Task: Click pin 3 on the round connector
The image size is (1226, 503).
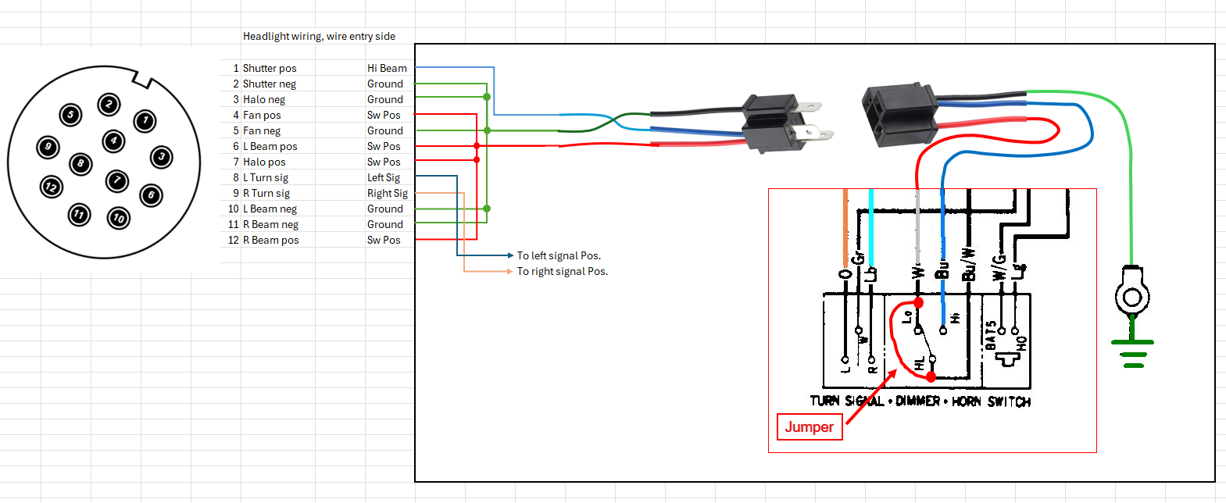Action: (x=162, y=157)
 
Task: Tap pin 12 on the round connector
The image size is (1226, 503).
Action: (x=52, y=187)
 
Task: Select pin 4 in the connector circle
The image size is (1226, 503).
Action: (x=114, y=141)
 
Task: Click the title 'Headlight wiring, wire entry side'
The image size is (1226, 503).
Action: (x=319, y=37)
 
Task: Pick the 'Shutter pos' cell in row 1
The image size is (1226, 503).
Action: (x=270, y=69)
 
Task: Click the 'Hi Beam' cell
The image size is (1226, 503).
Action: (x=387, y=69)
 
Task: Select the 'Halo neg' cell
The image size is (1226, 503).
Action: (x=264, y=100)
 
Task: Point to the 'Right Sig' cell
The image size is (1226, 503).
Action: (x=388, y=194)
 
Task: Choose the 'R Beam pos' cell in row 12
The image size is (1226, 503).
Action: (x=270, y=241)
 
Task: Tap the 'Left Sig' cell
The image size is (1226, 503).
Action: (x=384, y=178)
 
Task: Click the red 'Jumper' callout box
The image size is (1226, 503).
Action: (x=809, y=427)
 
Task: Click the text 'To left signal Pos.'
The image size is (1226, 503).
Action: (x=559, y=256)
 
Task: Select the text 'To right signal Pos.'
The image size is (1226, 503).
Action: (x=562, y=272)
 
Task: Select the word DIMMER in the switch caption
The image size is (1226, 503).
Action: (x=917, y=401)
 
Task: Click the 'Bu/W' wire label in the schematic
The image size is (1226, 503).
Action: (x=969, y=265)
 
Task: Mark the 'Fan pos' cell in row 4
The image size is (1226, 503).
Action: (x=262, y=116)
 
